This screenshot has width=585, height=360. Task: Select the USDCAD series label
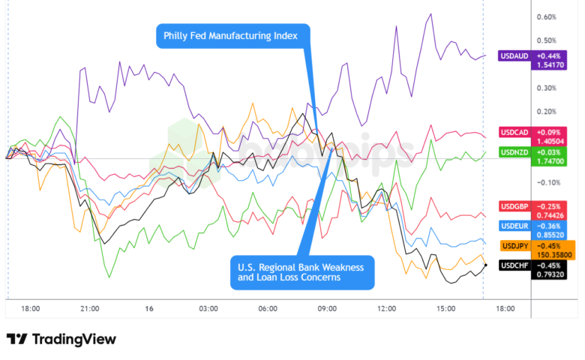coord(514,133)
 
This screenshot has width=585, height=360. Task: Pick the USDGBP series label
coord(514,206)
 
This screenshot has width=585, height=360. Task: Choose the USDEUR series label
coord(514,226)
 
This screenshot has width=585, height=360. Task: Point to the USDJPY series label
coord(514,245)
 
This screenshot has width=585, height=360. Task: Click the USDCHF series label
coord(514,265)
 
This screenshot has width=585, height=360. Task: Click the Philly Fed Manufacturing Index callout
coord(233,35)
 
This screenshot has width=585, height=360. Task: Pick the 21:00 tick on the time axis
coord(90,308)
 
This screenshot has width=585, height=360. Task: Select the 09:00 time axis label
coord(327,308)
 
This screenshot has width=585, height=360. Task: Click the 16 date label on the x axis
coord(149,308)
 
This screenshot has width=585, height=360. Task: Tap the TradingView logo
coord(61,339)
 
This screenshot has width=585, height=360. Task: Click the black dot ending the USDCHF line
coord(486,265)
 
